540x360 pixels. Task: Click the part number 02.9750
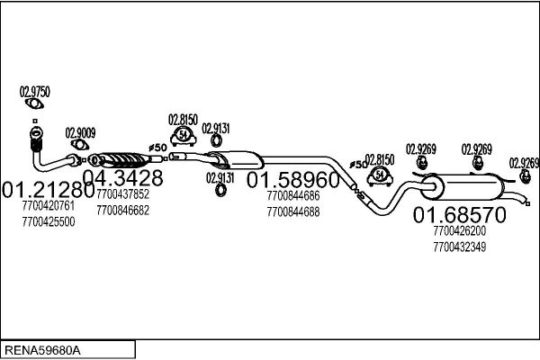[x=35, y=91]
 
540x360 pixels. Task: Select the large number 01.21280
[x=49, y=191]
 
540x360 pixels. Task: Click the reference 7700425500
[x=49, y=220]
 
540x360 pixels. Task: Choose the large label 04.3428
[x=122, y=176]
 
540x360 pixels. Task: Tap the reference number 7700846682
[x=122, y=210]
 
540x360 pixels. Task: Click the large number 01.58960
[x=295, y=178]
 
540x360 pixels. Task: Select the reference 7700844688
[x=293, y=211]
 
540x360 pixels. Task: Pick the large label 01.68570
[x=459, y=214]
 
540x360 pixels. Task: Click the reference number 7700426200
[x=459, y=230]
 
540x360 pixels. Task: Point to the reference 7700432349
[x=459, y=246]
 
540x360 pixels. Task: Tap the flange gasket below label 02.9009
[x=80, y=145]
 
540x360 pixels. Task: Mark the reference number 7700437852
[x=122, y=194]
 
